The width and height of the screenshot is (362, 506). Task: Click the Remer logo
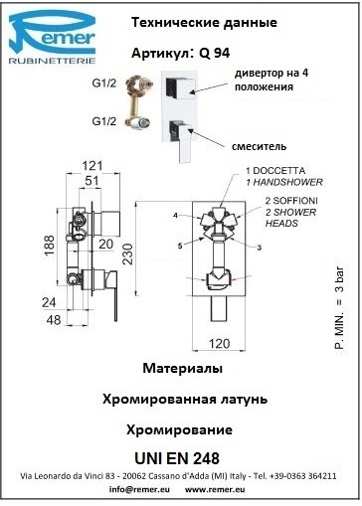point(52,37)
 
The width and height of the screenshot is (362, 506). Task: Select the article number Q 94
point(215,53)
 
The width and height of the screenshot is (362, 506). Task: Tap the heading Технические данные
point(204,23)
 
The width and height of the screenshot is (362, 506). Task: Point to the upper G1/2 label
point(104,83)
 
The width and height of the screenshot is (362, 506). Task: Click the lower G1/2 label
point(104,121)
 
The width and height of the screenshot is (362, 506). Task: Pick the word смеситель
point(259,146)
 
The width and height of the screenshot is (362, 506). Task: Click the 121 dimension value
point(92,166)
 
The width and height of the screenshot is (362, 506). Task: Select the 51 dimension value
point(91,181)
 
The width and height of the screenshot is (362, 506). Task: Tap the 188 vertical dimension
point(50,246)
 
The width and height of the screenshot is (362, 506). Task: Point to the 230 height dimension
point(128,254)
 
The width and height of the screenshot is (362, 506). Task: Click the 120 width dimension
point(219,344)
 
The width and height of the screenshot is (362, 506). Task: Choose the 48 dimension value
point(54,320)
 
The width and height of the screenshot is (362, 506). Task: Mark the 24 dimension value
point(49,302)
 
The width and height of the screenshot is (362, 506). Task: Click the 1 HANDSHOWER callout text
point(284,182)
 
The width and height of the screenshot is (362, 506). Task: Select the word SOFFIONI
point(295,201)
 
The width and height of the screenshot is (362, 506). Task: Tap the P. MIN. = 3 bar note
point(339,307)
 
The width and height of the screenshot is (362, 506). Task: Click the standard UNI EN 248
point(177,458)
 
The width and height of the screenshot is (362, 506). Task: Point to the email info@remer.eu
point(139,489)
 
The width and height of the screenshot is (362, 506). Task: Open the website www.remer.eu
point(215,489)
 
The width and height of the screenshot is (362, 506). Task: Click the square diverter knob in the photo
point(179,86)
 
